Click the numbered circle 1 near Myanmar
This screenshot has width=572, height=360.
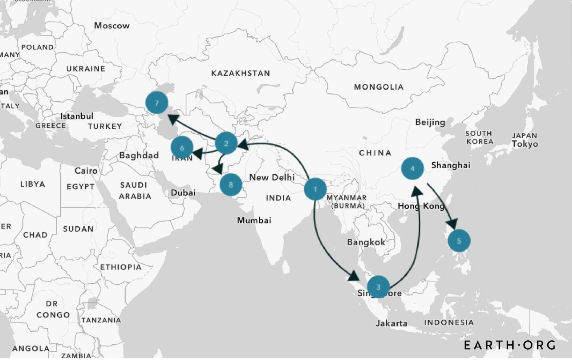pos(315,189)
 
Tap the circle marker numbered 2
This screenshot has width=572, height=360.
pos(226,143)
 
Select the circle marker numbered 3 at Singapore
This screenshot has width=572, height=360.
pos(378,287)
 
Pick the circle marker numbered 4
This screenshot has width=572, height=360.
pos(412,168)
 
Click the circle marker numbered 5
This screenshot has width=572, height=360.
pos(459,241)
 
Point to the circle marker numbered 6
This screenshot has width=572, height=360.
pos(182,148)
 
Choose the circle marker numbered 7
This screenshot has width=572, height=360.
pos(157,103)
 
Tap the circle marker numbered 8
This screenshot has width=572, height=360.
pos(231,185)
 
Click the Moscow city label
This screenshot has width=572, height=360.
pos(112,26)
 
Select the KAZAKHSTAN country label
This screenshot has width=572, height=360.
pos(241,73)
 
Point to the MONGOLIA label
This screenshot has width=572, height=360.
pos(379,87)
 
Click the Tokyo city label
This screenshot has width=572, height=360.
pos(525,144)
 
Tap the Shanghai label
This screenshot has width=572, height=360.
pos(451,165)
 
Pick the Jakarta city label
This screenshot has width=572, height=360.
pos(391,323)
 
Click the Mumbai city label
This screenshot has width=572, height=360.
pos(254,220)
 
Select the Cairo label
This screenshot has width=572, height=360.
pos(86,171)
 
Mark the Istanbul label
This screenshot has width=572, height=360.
pos(77,116)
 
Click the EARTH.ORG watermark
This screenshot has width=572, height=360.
pos(510,345)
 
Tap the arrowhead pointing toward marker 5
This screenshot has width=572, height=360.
pos(452,223)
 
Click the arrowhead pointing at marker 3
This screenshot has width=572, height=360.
pos(353,276)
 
